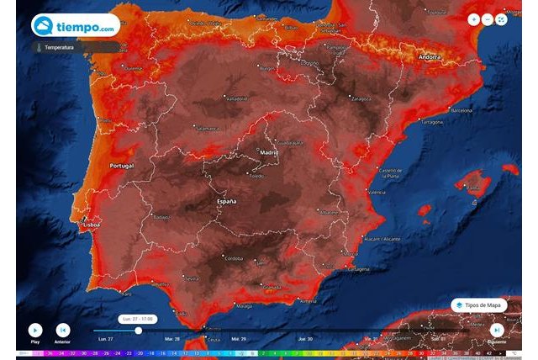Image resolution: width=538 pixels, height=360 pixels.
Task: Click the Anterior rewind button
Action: (x=62, y=331)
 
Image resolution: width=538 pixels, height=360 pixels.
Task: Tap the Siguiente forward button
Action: (x=497, y=331)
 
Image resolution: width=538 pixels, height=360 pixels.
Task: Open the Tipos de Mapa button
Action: (x=479, y=304)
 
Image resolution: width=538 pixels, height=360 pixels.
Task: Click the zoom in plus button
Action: (x=474, y=19)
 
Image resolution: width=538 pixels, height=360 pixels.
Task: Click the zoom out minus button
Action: (x=488, y=19)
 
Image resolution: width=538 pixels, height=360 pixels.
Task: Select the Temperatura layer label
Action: (x=61, y=48)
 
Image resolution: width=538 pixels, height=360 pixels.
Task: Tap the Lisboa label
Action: (x=91, y=225)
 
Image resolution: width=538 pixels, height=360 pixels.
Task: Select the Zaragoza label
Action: (x=361, y=98)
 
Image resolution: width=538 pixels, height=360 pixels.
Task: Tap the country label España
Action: (x=225, y=203)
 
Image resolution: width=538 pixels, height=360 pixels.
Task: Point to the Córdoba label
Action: (x=235, y=256)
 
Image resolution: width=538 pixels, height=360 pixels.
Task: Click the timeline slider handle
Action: (x=138, y=331)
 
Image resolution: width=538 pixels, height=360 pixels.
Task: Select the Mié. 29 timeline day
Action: (x=239, y=338)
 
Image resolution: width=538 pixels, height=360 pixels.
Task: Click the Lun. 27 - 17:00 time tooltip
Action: (x=138, y=319)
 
